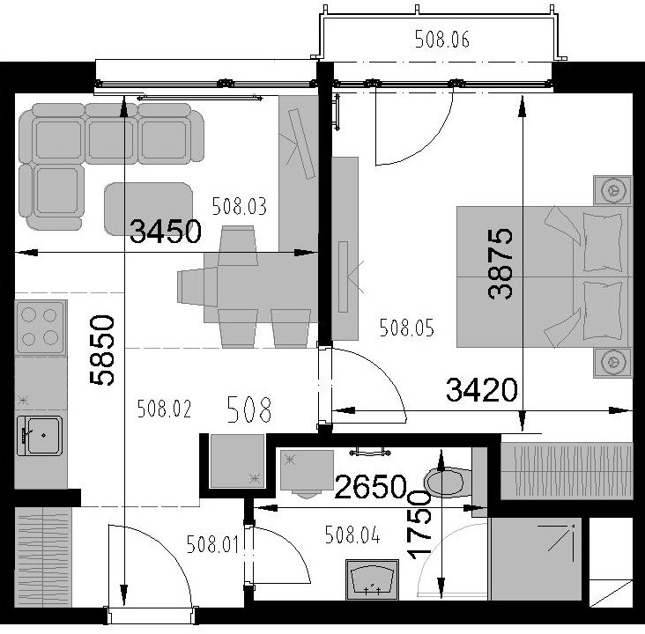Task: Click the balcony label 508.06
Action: click(x=441, y=40)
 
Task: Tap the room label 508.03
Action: click(x=240, y=206)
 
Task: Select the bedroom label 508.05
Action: click(x=406, y=328)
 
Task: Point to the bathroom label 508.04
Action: click(x=352, y=534)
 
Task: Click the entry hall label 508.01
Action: click(x=212, y=544)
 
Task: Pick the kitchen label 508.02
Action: click(x=164, y=409)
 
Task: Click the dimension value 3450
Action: click(x=166, y=232)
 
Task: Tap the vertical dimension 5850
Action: click(x=102, y=350)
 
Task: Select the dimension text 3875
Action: click(x=500, y=263)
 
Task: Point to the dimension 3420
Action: click(x=482, y=390)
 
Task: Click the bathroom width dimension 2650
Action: click(x=371, y=486)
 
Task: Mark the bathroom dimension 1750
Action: click(x=419, y=525)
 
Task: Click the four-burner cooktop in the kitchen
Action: click(x=40, y=328)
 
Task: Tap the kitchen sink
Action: click(x=40, y=436)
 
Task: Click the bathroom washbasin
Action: click(x=372, y=579)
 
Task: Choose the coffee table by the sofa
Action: click(x=149, y=209)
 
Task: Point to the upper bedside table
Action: click(x=613, y=190)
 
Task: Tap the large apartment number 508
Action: click(x=249, y=409)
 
